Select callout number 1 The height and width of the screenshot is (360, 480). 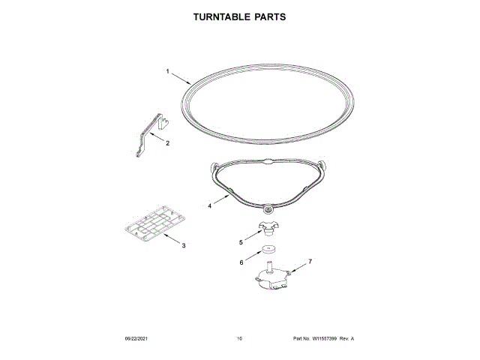coord(168,72)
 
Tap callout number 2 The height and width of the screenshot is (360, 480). coord(167,142)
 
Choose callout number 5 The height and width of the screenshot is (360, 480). coord(241,242)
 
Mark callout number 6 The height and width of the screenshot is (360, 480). coord(241,262)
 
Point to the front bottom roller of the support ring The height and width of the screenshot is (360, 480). coord(268,208)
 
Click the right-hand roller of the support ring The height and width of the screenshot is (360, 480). coord(322,165)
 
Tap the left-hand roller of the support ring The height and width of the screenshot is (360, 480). coord(214,165)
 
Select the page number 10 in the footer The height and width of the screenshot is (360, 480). coord(239,339)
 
